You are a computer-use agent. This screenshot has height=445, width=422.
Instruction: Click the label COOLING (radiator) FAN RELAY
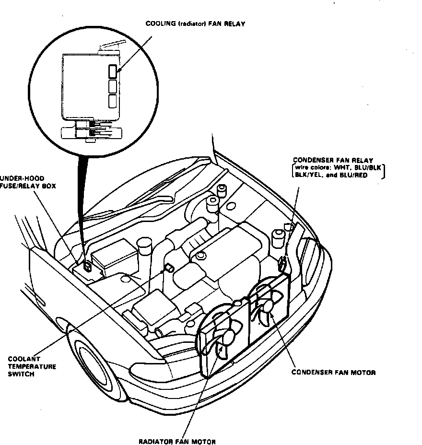pyautogui.click(x=195, y=23)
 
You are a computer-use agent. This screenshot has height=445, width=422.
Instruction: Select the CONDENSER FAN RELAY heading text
pyautogui.click(x=333, y=160)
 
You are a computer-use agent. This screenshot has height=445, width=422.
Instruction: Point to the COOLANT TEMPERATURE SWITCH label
pyautogui.click(x=32, y=366)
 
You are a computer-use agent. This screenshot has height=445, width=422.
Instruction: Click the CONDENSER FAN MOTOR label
pyautogui.click(x=333, y=372)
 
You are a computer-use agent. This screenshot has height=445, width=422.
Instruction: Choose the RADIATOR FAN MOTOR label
pyautogui.click(x=177, y=442)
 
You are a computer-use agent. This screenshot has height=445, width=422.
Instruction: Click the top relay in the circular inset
pyautogui.click(x=113, y=72)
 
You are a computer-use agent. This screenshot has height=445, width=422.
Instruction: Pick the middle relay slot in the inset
pyautogui.click(x=113, y=87)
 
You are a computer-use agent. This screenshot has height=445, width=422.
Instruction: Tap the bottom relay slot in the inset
pyautogui.click(x=113, y=101)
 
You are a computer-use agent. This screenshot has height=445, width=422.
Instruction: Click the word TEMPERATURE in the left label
pyautogui.click(x=32, y=366)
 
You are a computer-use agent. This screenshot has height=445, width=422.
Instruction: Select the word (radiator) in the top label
pyautogui.click(x=193, y=23)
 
